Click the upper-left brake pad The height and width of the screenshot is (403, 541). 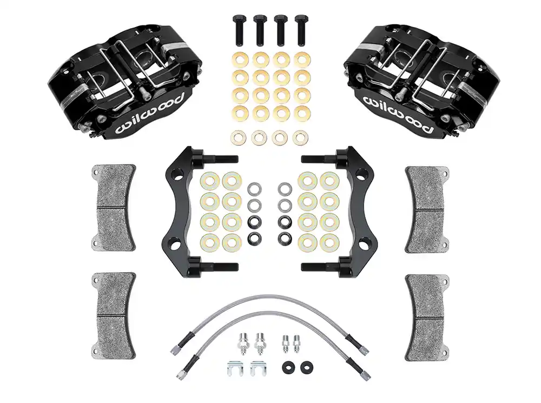tap(113, 208)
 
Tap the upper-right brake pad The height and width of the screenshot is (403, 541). tap(427, 208)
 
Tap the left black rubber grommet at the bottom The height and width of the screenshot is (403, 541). tap(287, 367)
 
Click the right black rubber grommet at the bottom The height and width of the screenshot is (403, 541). tap(305, 367)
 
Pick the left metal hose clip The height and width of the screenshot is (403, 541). tap(235, 368)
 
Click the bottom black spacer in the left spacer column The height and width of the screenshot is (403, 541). tap(254, 239)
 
